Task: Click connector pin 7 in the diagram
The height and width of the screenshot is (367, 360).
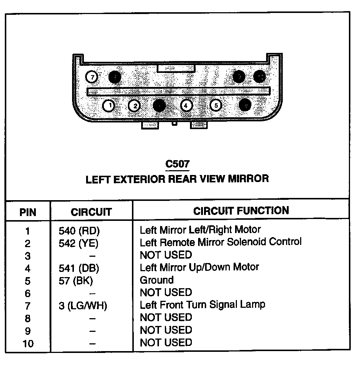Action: click(x=91, y=77)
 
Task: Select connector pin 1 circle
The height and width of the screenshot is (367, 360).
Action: click(x=108, y=106)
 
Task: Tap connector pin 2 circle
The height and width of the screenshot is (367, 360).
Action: click(x=135, y=106)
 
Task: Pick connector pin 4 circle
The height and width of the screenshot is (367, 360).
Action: click(x=186, y=105)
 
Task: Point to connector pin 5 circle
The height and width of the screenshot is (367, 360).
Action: click(x=216, y=105)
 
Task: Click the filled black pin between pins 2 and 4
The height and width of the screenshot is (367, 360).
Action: click(x=159, y=105)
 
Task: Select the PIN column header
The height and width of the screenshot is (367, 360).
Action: click(x=28, y=212)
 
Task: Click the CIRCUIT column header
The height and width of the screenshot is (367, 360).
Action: click(x=91, y=212)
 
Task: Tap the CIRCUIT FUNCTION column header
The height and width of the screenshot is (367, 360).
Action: click(x=241, y=211)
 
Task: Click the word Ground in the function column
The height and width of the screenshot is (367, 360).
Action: click(x=156, y=280)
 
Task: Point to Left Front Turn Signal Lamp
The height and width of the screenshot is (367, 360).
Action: click(x=202, y=305)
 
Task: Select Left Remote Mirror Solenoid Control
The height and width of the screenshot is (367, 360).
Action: click(x=220, y=242)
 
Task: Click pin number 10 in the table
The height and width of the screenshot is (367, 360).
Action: click(x=28, y=343)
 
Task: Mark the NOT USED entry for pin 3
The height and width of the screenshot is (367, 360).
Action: click(x=166, y=255)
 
